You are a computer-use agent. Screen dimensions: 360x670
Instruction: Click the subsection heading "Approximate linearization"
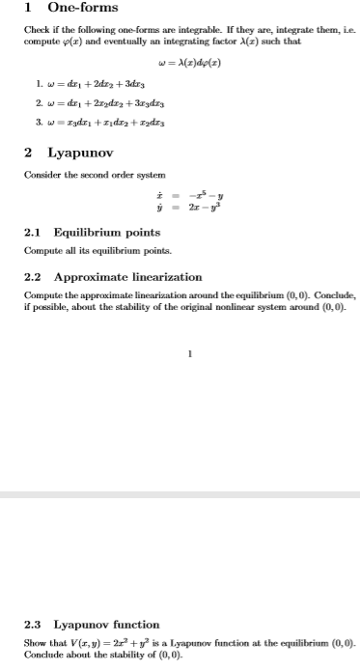[127, 277]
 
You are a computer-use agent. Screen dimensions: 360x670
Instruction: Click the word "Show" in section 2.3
[35, 642]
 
